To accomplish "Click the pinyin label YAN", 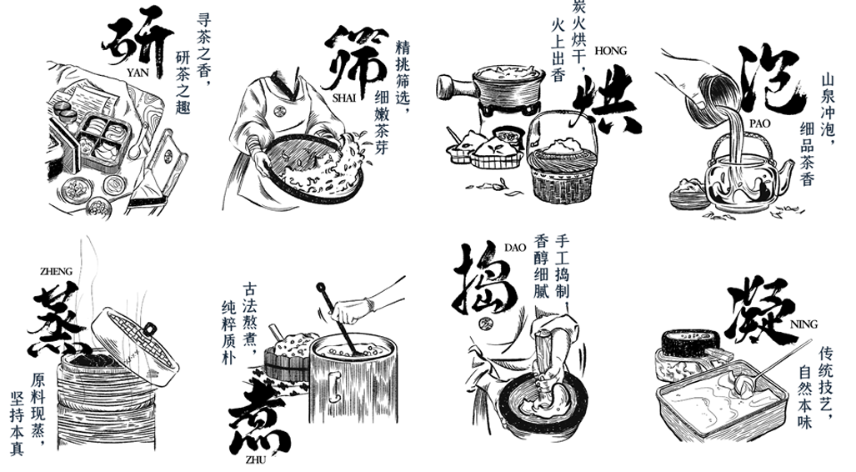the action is coord(137,73).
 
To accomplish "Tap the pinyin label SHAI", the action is coord(344,98).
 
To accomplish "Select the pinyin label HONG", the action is coord(610,51).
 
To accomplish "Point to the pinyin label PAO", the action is coord(759,123).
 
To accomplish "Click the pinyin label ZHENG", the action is coord(56,272).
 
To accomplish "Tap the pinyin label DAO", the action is coord(515,248).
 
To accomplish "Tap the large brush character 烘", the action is coord(605,100).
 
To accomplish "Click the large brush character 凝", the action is coord(758,309).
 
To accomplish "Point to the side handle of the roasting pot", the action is coord(455,87).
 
